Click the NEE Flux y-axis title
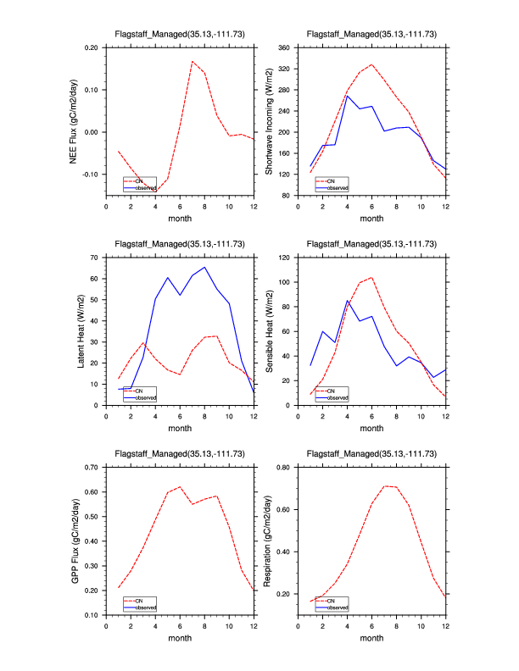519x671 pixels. point(75,121)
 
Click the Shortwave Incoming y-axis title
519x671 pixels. point(269,121)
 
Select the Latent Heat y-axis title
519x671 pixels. point(81,330)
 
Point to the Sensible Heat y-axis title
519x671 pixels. point(269,330)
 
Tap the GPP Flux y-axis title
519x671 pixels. point(75,541)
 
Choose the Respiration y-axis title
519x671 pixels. point(269,541)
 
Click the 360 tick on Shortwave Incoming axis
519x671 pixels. point(283,47)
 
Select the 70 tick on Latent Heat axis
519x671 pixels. point(94,257)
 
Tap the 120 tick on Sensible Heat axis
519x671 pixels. point(283,257)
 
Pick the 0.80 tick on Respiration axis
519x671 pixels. point(285,467)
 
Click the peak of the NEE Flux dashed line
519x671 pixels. point(193,61)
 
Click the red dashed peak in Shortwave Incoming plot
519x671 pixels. point(371,64)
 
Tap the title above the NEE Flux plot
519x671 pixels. point(180,34)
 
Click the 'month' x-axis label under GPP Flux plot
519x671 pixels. point(180,638)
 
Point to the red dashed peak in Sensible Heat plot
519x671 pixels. point(371,277)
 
